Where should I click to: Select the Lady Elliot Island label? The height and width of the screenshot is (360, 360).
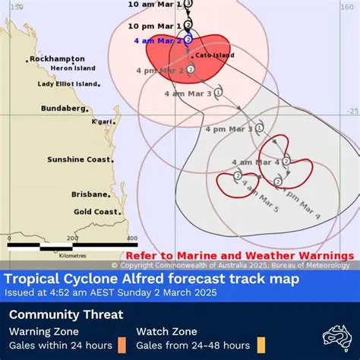68,84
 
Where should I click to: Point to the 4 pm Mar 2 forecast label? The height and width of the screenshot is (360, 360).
159,70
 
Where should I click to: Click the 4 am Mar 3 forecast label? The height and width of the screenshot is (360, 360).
188,93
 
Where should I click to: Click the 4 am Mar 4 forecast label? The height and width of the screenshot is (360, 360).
257,162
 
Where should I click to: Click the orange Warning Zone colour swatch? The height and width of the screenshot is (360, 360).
122,345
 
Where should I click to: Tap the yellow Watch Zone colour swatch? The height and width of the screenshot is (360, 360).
261,345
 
